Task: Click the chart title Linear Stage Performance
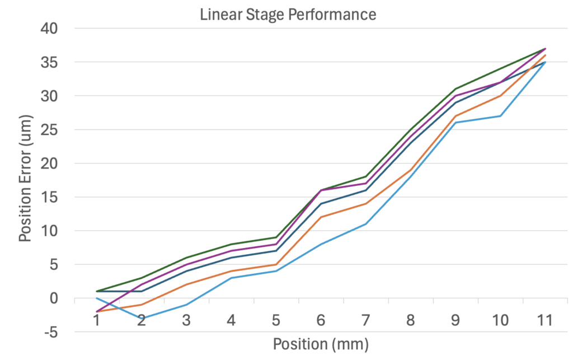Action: (x=288, y=15)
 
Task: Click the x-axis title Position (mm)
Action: (x=321, y=343)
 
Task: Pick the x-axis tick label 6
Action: (x=321, y=321)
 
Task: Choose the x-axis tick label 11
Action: (x=544, y=321)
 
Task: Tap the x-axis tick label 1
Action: (x=96, y=321)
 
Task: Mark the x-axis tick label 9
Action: (x=455, y=321)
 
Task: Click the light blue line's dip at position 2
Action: (x=141, y=318)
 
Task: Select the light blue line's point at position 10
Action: (x=500, y=116)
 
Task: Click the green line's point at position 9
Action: (x=455, y=89)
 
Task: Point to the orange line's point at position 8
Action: (x=410, y=170)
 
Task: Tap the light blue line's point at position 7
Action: (x=365, y=224)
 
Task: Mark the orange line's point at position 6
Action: (x=321, y=217)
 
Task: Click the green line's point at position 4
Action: (x=231, y=244)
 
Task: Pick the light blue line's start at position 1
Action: (x=96, y=298)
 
